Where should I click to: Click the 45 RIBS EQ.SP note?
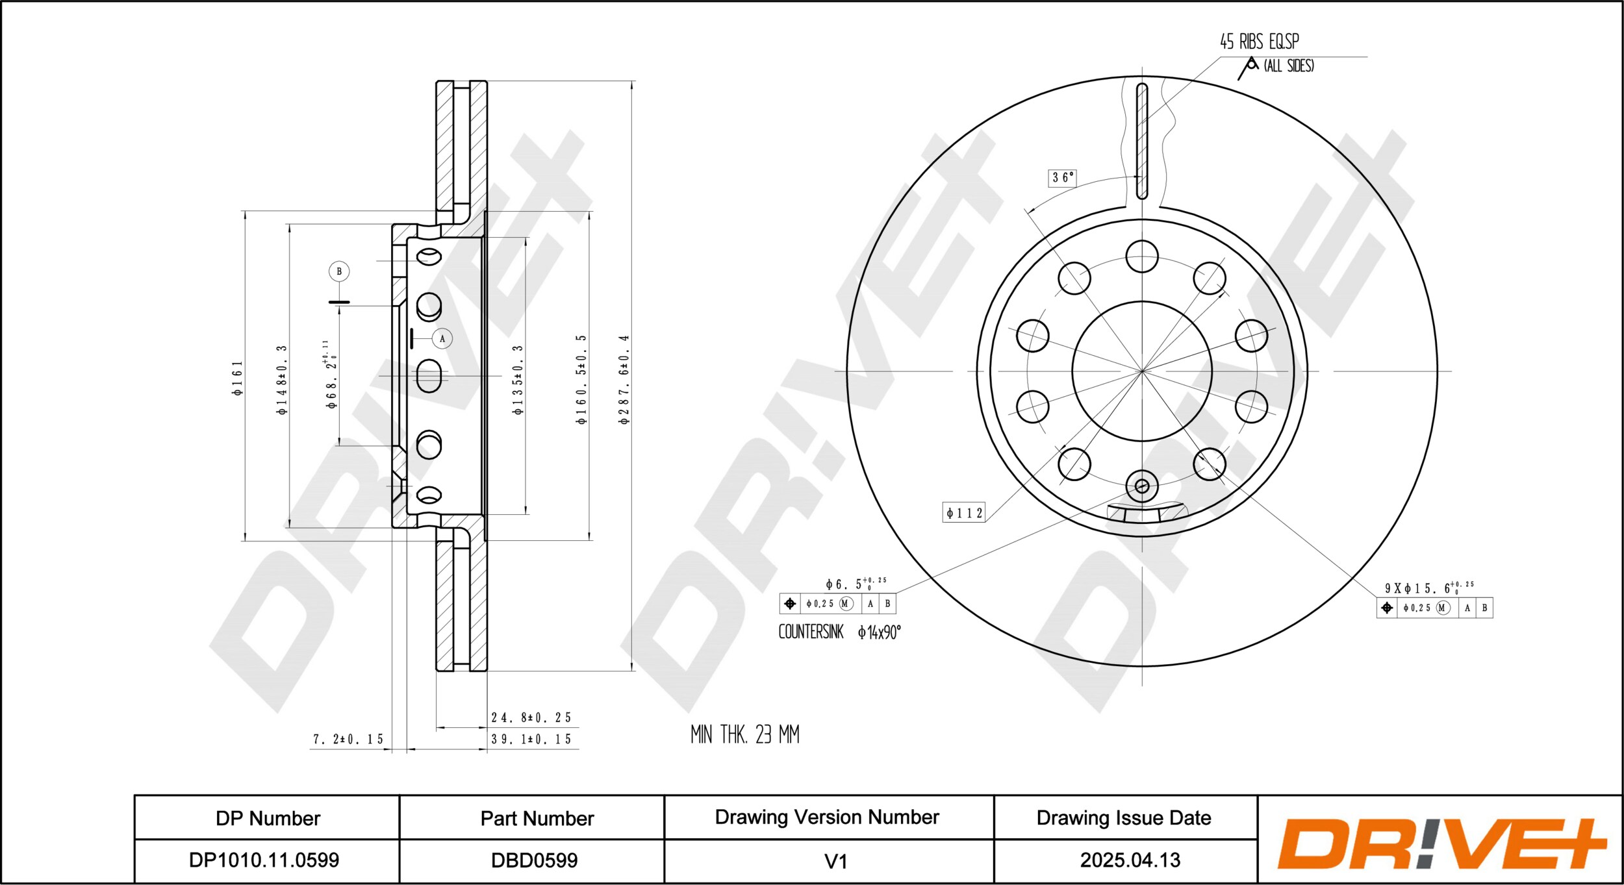pos(1259,42)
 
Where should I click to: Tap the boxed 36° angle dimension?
pos(1062,177)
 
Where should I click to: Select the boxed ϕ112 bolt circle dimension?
pos(964,513)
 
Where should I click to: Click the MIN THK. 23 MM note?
pos(745,734)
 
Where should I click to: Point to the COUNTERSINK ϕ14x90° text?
pos(839,632)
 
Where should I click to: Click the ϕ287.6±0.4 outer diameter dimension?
pos(624,380)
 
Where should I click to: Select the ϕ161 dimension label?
pos(238,378)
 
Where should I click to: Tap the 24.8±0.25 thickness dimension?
pos(531,717)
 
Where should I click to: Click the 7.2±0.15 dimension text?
pos(348,740)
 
